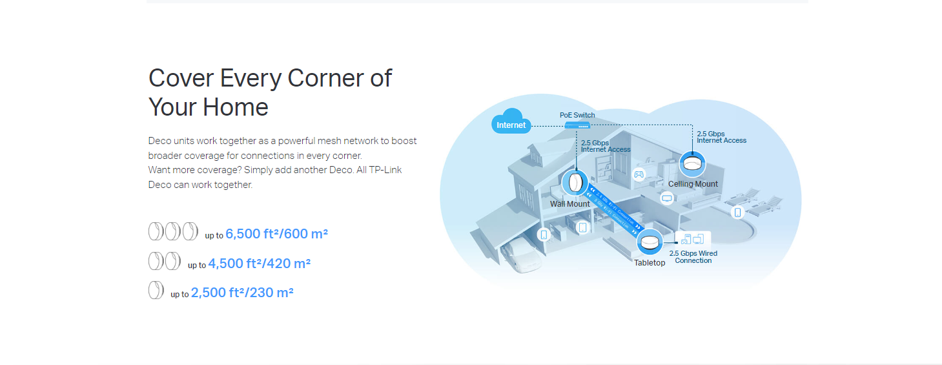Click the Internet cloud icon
point(511,122)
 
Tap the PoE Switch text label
point(577,115)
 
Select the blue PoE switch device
point(577,125)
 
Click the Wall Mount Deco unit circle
point(574,183)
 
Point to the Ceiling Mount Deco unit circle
point(692,164)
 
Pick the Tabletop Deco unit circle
point(650,242)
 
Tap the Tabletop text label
point(650,263)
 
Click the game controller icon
point(639,174)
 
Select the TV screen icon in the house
point(667,198)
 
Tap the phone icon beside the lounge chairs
point(737,212)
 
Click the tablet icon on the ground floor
point(582,227)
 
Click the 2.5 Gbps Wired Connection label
point(693,257)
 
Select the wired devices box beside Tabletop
point(693,240)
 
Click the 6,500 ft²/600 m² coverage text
point(276,234)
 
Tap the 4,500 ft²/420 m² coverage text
point(259,264)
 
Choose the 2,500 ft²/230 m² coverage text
point(242,293)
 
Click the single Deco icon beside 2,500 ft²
point(156,291)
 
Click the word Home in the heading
point(236,107)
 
